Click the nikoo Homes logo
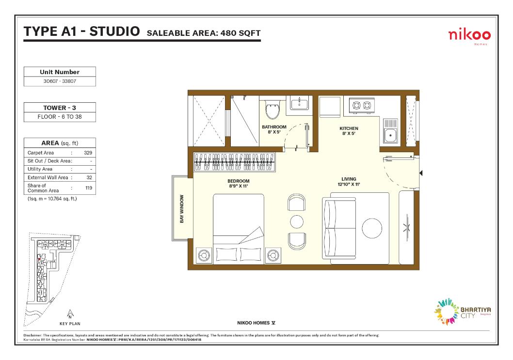pyautogui.click(x=469, y=36)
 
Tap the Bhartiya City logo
pyautogui.click(x=462, y=311)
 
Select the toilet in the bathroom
pyautogui.click(x=272, y=110)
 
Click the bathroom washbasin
pyautogui.click(x=299, y=103)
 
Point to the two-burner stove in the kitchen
pyautogui.click(x=362, y=105)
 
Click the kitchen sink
pyautogui.click(x=390, y=131)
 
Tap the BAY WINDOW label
pyautogui.click(x=181, y=209)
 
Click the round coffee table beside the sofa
pyautogui.click(x=372, y=228)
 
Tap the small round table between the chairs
pyautogui.click(x=297, y=222)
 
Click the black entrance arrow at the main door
pyautogui.click(x=421, y=173)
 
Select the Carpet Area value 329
pyautogui.click(x=88, y=153)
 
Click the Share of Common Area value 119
pyautogui.click(x=88, y=188)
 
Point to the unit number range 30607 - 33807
pyautogui.click(x=60, y=81)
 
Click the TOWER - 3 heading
pyautogui.click(x=60, y=108)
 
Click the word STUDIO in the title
pyautogui.click(x=114, y=31)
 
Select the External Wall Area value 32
pyautogui.click(x=89, y=177)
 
